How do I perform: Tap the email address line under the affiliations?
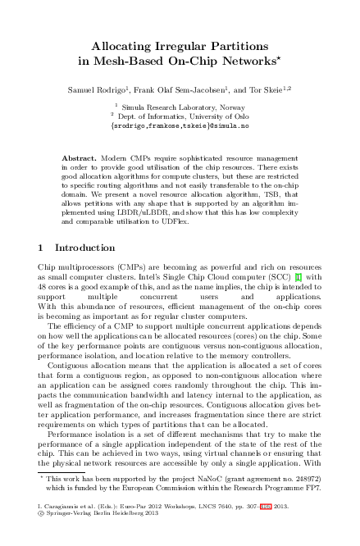pyautogui.click(x=180, y=126)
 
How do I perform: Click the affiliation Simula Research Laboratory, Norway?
pyautogui.click(x=185, y=107)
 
